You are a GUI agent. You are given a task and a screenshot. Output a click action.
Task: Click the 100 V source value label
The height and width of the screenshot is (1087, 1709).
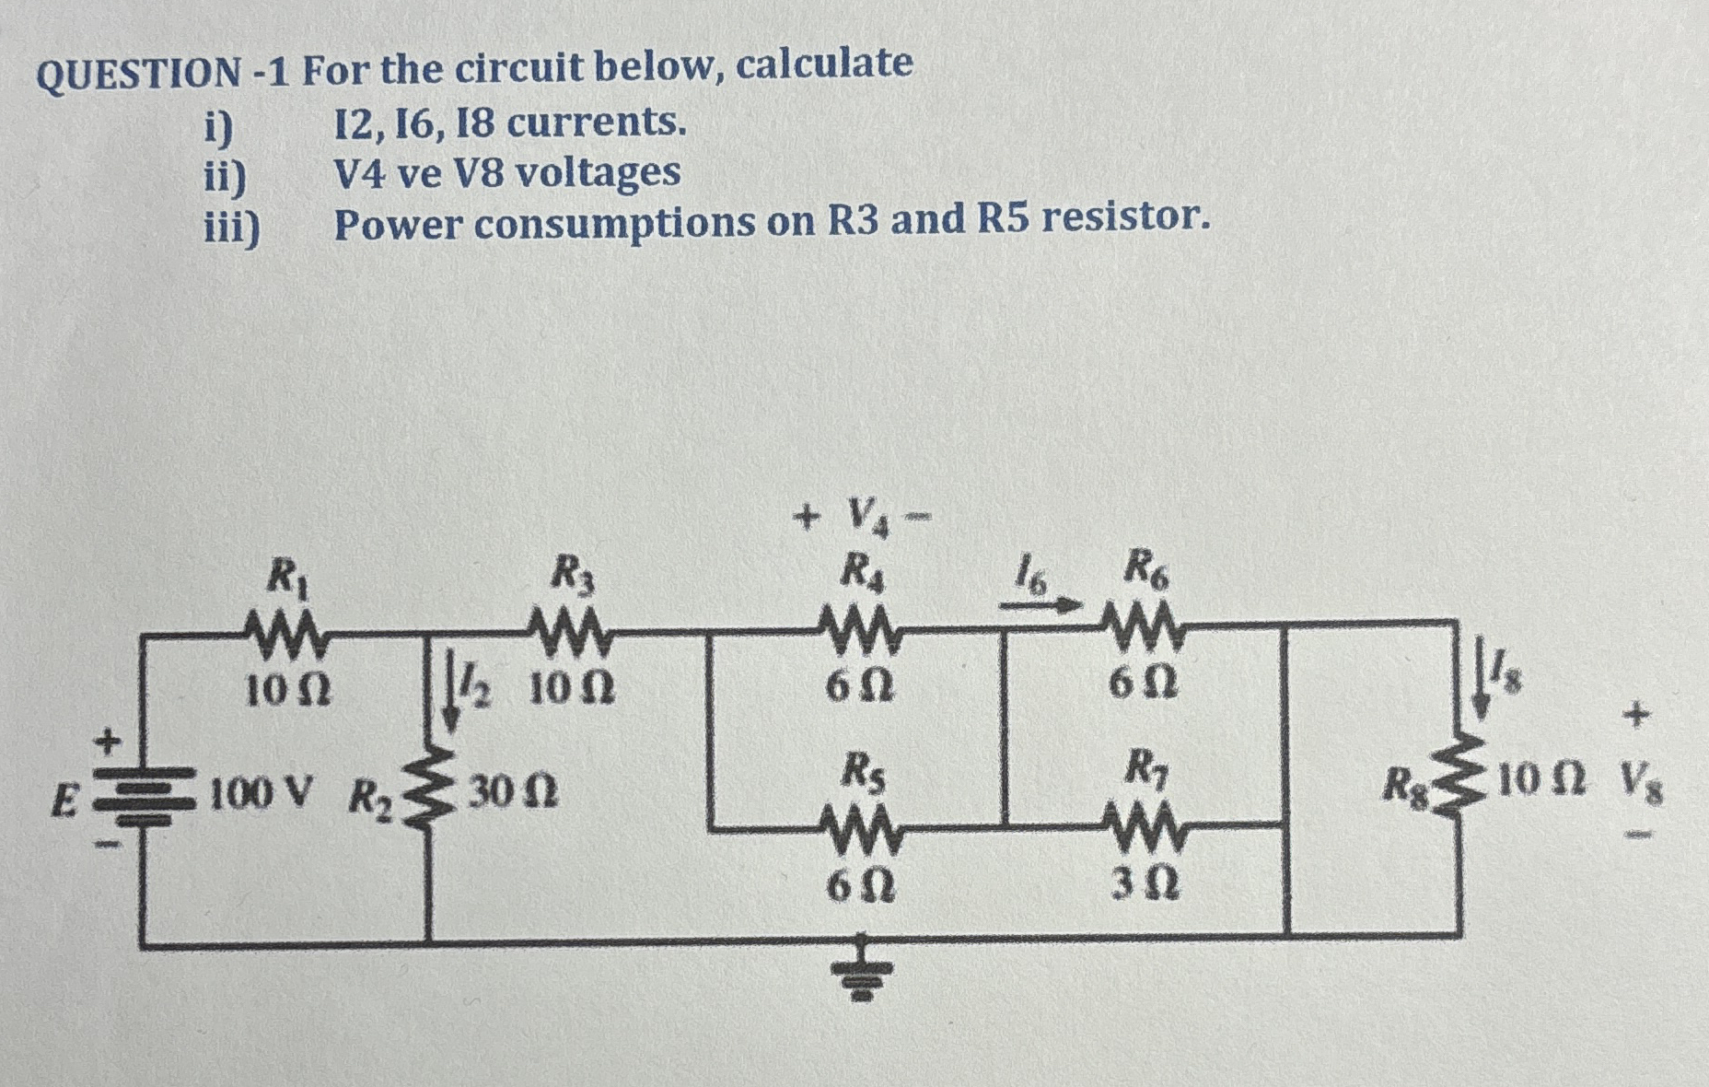(262, 791)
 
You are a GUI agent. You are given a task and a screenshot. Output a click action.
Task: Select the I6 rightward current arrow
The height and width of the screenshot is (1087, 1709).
(1041, 605)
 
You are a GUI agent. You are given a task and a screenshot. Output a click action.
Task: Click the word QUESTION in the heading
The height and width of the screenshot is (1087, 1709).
(138, 73)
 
